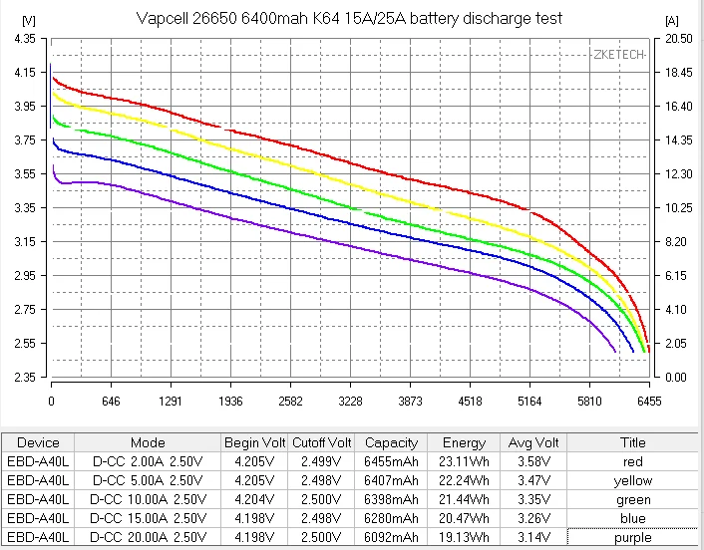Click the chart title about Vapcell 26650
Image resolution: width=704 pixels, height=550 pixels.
[349, 18]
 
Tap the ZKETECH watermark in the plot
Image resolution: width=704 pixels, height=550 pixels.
[619, 55]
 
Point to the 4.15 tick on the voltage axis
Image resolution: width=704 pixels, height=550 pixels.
[25, 72]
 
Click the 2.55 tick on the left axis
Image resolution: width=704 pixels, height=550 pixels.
[25, 343]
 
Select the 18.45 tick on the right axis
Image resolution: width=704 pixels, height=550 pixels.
[679, 72]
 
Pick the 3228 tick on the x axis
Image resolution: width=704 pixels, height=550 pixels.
[350, 402]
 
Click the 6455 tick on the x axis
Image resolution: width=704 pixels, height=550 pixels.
[649, 402]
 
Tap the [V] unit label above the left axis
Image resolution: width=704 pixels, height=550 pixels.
[29, 21]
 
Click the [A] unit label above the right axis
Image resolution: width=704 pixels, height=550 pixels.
[672, 21]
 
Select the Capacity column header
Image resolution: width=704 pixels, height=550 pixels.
[391, 442]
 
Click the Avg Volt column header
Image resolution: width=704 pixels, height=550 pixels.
[533, 442]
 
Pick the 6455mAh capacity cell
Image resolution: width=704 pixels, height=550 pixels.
[391, 461]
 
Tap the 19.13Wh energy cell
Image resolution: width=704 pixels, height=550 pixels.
[464, 537]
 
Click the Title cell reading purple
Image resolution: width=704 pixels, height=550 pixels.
[633, 537]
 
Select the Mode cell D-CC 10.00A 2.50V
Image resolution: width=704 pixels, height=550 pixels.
[149, 499]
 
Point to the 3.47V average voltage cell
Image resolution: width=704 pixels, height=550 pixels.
[533, 480]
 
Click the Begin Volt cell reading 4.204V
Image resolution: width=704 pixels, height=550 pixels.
[254, 499]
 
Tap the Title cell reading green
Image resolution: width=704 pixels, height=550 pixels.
[633, 500]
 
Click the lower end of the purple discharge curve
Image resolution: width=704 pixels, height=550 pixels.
[615, 352]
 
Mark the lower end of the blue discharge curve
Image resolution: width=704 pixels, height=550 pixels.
[633, 352]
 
